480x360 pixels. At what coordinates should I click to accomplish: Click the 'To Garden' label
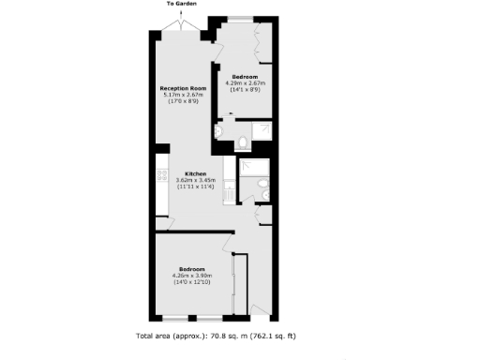pyautogui.click(x=182, y=4)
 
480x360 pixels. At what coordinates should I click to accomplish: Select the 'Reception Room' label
pyautogui.click(x=183, y=87)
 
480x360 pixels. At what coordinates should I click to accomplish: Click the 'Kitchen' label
pyautogui.click(x=194, y=173)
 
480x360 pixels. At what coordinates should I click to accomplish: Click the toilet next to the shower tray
pyautogui.click(x=242, y=142)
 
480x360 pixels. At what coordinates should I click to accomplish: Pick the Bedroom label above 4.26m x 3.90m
pyautogui.click(x=194, y=268)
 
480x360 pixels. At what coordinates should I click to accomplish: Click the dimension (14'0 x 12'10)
pyautogui.click(x=193, y=281)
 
